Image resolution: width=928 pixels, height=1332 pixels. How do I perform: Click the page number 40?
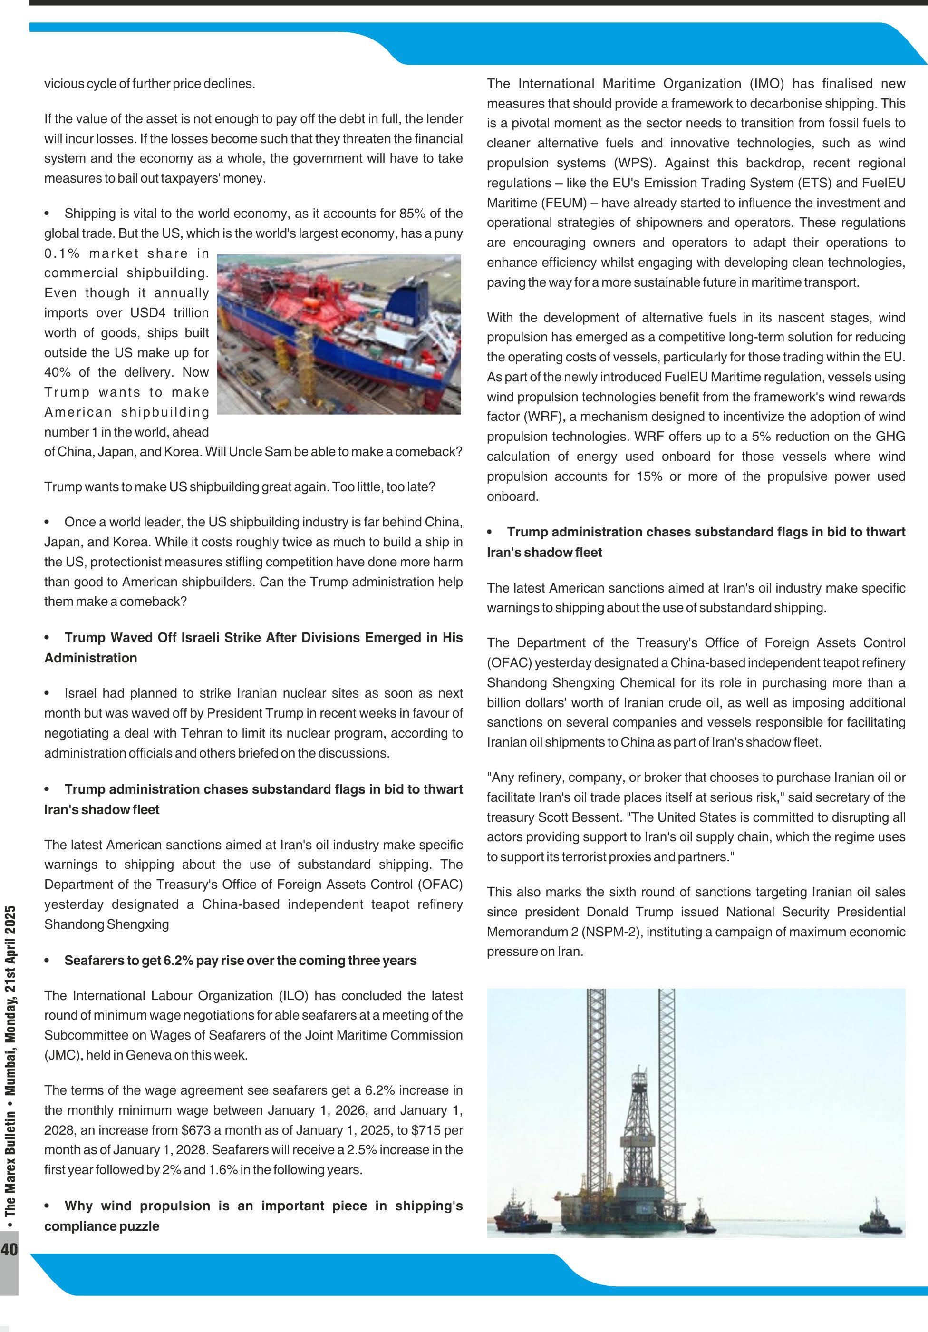click(x=10, y=1249)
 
